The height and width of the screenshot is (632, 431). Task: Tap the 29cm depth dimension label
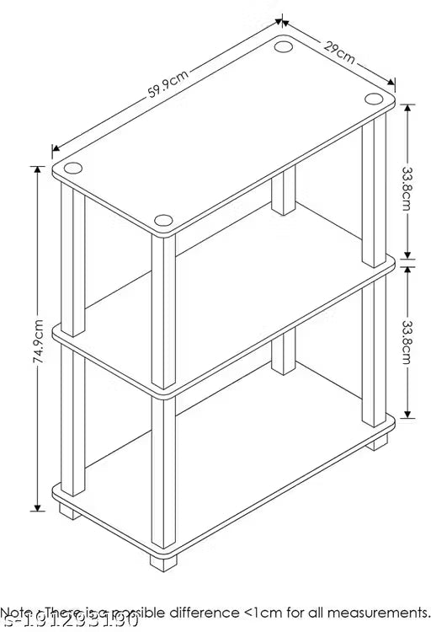point(338,50)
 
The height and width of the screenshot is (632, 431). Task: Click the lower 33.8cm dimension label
point(407,342)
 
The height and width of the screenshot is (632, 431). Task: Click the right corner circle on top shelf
point(374,99)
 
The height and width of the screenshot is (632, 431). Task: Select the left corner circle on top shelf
point(72,167)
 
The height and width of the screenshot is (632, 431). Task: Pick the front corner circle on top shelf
point(163,220)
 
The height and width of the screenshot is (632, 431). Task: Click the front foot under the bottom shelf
point(162,558)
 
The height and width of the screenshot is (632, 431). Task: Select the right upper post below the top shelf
point(373,190)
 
